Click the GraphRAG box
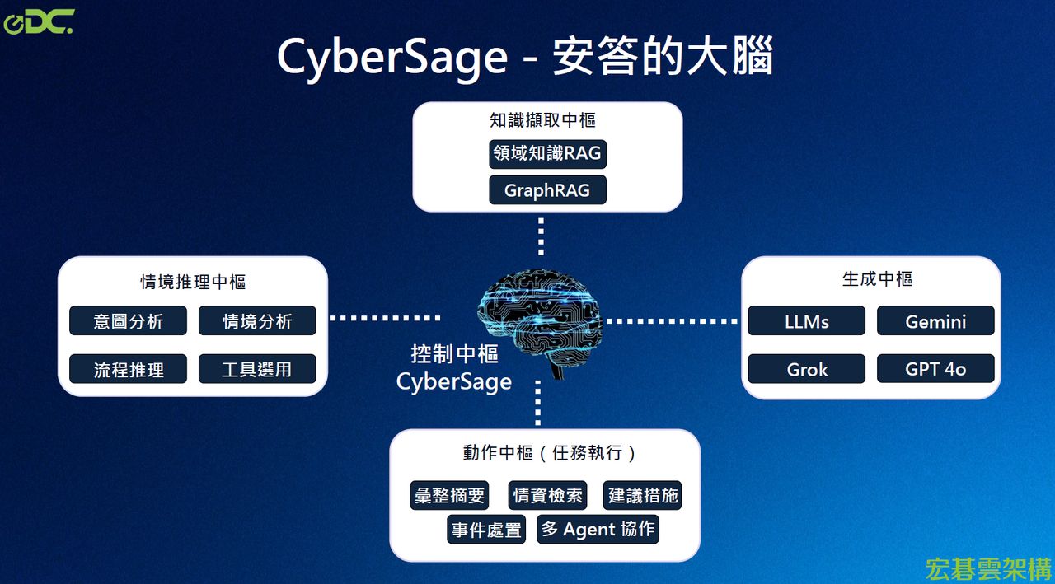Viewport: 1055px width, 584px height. coord(547,190)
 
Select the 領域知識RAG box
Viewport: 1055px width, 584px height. coord(547,153)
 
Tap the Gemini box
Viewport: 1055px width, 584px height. coord(935,321)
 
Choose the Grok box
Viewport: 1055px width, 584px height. coord(807,369)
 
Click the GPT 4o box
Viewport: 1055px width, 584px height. coord(935,369)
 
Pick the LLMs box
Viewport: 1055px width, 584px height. coord(807,321)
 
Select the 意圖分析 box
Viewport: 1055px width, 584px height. coord(128,321)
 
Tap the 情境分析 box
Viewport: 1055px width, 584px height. coord(257,321)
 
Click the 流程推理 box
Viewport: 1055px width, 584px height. coord(128,369)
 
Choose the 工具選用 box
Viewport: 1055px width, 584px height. coord(257,369)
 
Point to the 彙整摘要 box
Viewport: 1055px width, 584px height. coord(449,495)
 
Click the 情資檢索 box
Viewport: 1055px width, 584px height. coord(548,495)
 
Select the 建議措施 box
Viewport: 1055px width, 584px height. coord(643,495)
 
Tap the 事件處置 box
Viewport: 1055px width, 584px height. coord(486,530)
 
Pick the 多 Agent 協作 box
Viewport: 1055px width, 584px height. coord(598,529)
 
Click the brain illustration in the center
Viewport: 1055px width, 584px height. coord(541,317)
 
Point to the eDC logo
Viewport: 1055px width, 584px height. coord(38,22)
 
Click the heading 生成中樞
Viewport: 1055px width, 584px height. coord(877,279)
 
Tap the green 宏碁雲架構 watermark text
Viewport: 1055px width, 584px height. coord(987,568)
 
